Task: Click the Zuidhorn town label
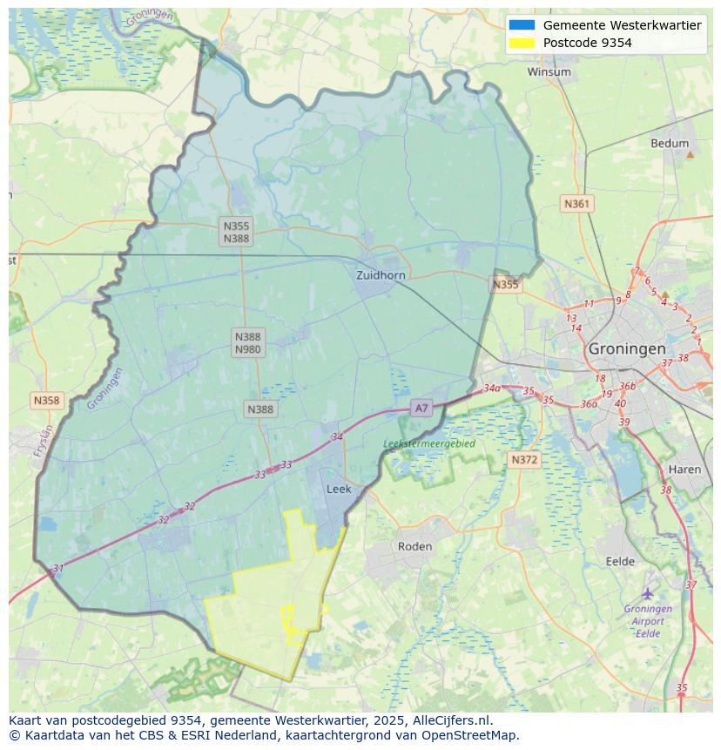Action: pyautogui.click(x=381, y=275)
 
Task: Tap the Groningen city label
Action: pyautogui.click(x=627, y=348)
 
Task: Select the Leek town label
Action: pyautogui.click(x=339, y=490)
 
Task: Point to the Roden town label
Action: pyautogui.click(x=414, y=546)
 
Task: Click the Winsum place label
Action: pyautogui.click(x=549, y=72)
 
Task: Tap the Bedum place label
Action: pyautogui.click(x=669, y=144)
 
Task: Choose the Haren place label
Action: pyautogui.click(x=684, y=470)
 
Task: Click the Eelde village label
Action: pyautogui.click(x=620, y=562)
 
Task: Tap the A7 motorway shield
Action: pyautogui.click(x=421, y=408)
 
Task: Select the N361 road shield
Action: pyautogui.click(x=576, y=204)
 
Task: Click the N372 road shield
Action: pyautogui.click(x=524, y=459)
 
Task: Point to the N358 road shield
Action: pyautogui.click(x=46, y=401)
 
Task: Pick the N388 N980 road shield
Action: pyautogui.click(x=247, y=342)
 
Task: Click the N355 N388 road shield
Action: pyautogui.click(x=236, y=232)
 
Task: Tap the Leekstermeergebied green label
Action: pyautogui.click(x=429, y=443)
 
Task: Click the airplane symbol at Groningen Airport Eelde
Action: pyautogui.click(x=648, y=594)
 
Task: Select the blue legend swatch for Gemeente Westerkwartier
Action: pyautogui.click(x=522, y=25)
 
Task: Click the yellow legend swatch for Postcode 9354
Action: pyautogui.click(x=522, y=43)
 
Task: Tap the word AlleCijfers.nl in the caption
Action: pyautogui.click(x=451, y=720)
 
